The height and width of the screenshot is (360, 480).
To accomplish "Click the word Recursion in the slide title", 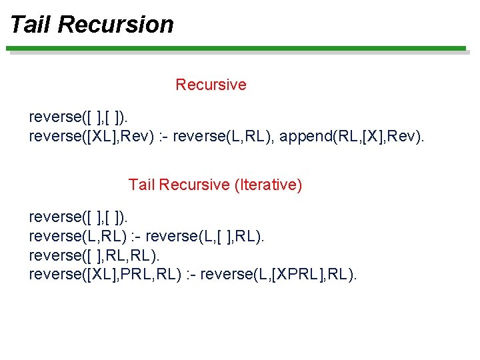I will [115, 25].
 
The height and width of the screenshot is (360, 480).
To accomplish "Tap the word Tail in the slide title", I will [31, 25].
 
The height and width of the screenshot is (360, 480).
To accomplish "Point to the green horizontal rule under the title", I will [237, 48].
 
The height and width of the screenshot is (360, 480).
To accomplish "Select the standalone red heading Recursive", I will [211, 85].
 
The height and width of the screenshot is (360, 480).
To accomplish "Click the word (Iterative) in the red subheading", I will [268, 185].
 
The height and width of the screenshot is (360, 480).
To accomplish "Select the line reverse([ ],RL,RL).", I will [95, 255].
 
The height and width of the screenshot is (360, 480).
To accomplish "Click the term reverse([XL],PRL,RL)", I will [105, 275].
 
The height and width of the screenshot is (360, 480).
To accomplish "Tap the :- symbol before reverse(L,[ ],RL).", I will [137, 237].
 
